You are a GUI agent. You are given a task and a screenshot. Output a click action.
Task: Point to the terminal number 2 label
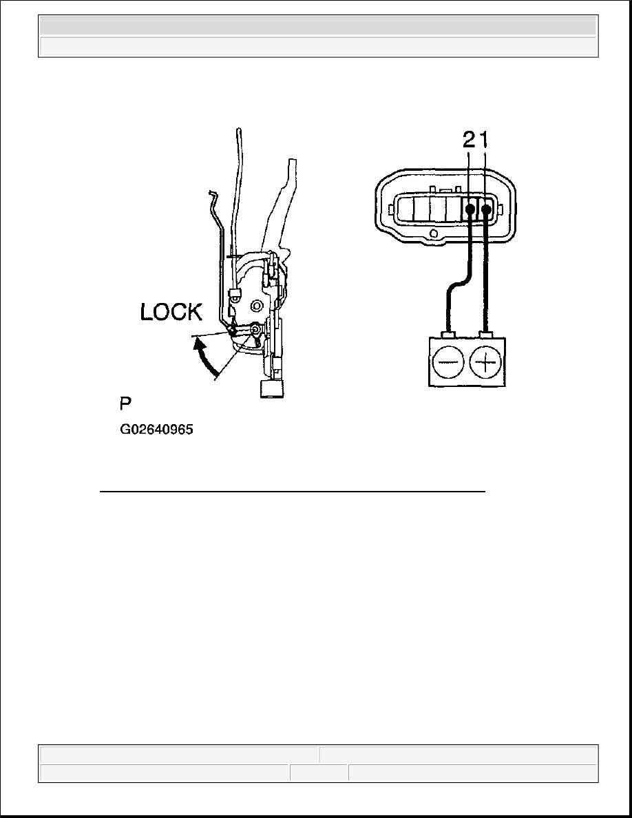coord(468,142)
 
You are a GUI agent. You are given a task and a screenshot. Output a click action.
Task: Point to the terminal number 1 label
coord(485,142)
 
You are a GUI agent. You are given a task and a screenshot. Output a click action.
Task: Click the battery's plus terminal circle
coord(488,361)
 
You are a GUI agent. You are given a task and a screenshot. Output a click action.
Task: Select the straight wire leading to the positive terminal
coord(487,275)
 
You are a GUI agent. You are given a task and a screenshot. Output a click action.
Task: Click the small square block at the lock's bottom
coord(272,390)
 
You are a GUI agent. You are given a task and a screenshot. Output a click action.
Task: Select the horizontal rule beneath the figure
coord(293,493)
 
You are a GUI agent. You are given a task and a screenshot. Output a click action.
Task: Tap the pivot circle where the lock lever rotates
coord(255,330)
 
